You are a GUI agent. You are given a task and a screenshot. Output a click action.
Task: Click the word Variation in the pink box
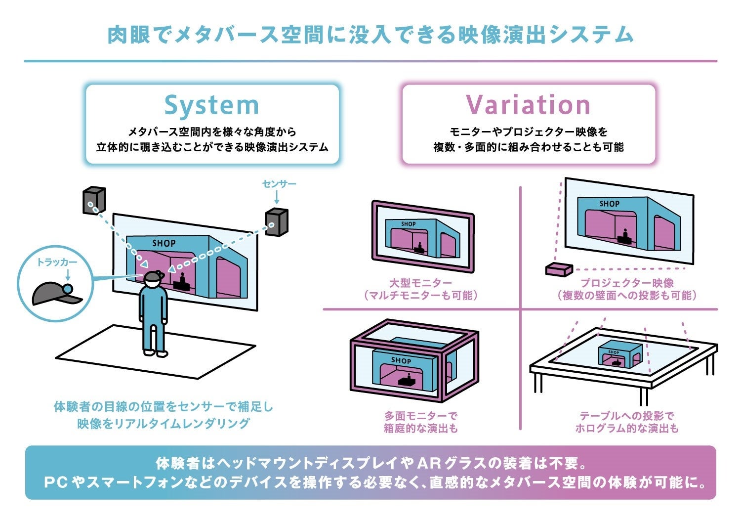click(x=528, y=105)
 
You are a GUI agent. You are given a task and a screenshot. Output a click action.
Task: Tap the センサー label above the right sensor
click(x=279, y=184)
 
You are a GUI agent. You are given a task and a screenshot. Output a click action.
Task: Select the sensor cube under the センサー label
click(x=276, y=222)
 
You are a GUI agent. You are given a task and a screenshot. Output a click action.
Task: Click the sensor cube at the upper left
click(x=94, y=200)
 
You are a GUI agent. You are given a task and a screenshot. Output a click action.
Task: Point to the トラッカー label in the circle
click(x=57, y=262)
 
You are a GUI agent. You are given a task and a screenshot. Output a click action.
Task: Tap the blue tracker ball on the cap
click(x=68, y=288)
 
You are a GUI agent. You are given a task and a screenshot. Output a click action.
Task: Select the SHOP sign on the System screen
click(x=164, y=243)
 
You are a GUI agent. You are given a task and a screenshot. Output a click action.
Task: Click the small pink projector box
click(x=559, y=269)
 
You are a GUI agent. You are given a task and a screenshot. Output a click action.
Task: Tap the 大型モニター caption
click(x=420, y=283)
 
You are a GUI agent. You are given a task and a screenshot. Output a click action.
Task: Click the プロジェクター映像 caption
click(x=627, y=283)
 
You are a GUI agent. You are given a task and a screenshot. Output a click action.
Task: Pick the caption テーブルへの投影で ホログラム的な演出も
click(x=627, y=422)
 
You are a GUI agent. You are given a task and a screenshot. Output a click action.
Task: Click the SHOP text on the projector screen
click(x=609, y=204)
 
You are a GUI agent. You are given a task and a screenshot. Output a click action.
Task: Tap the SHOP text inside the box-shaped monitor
click(x=401, y=360)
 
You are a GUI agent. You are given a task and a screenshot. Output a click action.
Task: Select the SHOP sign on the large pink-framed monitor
click(x=408, y=224)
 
